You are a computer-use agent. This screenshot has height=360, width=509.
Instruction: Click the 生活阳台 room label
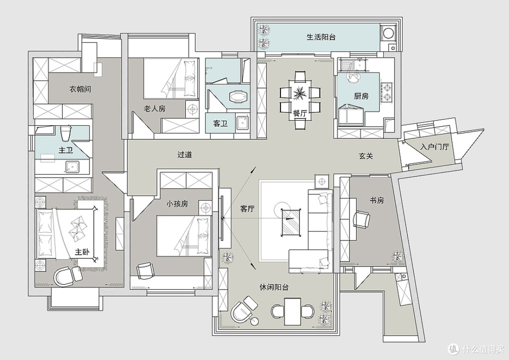click(x=321, y=37)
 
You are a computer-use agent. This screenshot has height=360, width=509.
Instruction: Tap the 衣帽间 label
click(x=80, y=89)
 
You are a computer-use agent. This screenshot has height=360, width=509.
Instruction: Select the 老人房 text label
click(x=155, y=108)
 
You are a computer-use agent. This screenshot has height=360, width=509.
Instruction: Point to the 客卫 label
click(x=220, y=123)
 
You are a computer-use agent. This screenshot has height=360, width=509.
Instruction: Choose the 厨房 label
click(x=361, y=96)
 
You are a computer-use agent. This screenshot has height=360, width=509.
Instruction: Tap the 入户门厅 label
click(x=435, y=147)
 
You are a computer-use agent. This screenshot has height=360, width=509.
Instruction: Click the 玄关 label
click(x=366, y=156)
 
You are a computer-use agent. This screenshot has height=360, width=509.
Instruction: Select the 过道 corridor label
click(x=185, y=155)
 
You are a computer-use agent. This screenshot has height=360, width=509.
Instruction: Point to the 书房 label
click(x=377, y=200)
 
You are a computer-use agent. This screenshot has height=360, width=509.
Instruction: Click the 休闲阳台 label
click(x=274, y=287)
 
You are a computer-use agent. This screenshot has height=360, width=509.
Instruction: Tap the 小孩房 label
click(x=177, y=204)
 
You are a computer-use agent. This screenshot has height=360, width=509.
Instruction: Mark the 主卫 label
click(x=65, y=150)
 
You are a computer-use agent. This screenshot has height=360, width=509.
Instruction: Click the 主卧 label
click(x=82, y=252)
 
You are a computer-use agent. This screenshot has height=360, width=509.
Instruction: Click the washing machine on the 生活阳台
click(x=388, y=33)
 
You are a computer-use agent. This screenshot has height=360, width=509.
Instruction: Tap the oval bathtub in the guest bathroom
click(x=238, y=97)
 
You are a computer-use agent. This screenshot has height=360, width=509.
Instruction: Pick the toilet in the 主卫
click(x=65, y=133)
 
